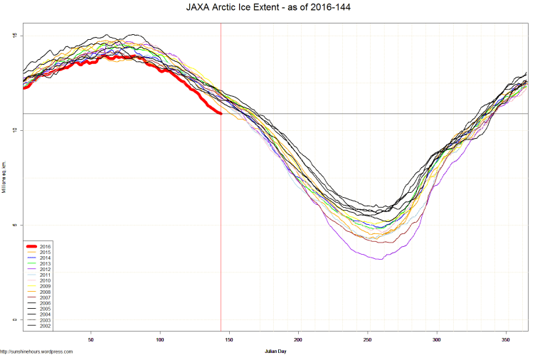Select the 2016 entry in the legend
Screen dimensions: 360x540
[x=45, y=246]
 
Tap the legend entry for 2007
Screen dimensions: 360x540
[x=45, y=299]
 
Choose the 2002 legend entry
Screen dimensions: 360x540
[x=45, y=328]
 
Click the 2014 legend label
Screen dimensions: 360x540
[x=45, y=258]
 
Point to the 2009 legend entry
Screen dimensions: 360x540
[x=45, y=287]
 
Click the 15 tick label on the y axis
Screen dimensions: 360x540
[x=14, y=36]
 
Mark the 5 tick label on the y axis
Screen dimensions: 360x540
[x=14, y=226]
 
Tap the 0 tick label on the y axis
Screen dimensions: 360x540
[x=14, y=320]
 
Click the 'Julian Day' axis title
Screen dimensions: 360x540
[x=274, y=351]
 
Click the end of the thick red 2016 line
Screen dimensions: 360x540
[x=221, y=113]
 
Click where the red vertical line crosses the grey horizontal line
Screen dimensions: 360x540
[x=221, y=114]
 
